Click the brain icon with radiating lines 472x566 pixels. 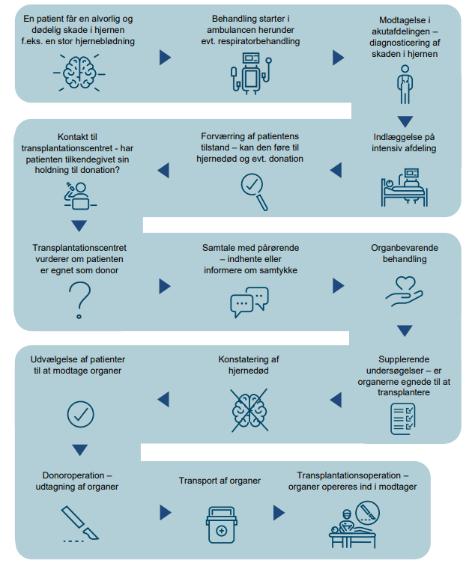[x=79, y=73]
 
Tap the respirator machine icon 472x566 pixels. [x=251, y=74]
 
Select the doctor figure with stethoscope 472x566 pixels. [x=405, y=85]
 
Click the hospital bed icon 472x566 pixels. [x=404, y=188]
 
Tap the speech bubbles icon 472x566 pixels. [x=249, y=302]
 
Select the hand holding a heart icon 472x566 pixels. [x=404, y=292]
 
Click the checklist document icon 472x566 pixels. [x=403, y=419]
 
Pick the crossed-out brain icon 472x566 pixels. [x=249, y=410]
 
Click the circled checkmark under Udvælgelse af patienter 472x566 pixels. [x=80, y=415]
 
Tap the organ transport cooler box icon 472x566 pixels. [x=221, y=525]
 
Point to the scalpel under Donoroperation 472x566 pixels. [x=80, y=523]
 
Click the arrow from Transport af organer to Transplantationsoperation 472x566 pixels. [x=279, y=513]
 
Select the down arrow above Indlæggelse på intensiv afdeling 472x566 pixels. [x=405, y=121]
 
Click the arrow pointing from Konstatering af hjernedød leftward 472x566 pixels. [x=163, y=400]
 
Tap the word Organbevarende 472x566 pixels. [x=405, y=248]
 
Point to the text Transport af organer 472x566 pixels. [x=220, y=481]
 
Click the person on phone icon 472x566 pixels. [x=79, y=196]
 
